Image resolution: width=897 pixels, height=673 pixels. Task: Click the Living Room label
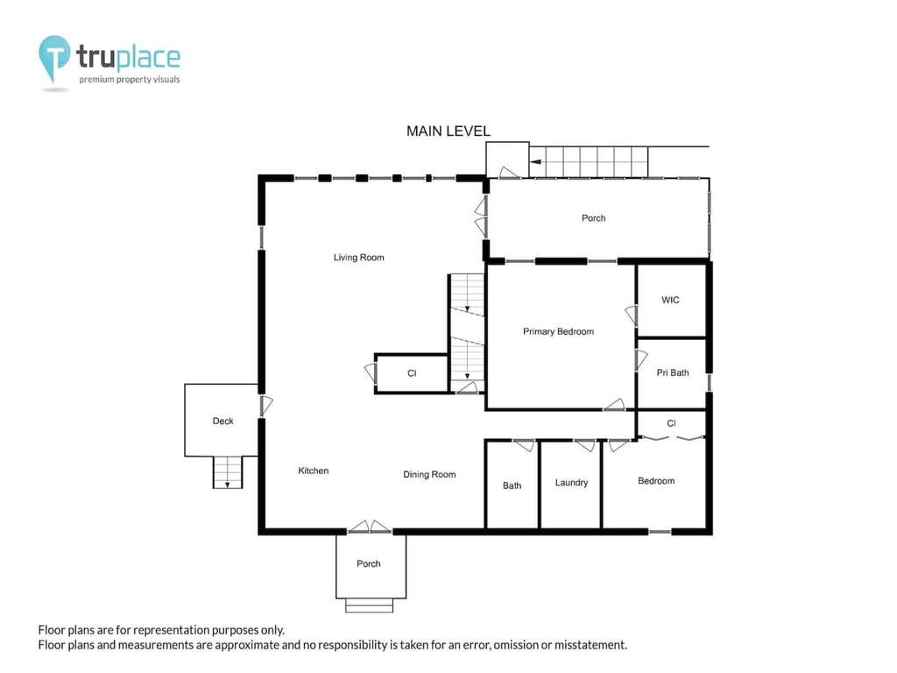(358, 258)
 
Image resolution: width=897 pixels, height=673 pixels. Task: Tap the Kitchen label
(314, 471)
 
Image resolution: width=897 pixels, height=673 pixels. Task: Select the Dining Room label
(429, 474)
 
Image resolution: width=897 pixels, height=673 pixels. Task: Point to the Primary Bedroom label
(558, 331)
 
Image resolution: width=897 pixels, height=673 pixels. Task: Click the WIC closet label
(670, 300)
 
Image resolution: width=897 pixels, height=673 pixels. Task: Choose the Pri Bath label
(673, 372)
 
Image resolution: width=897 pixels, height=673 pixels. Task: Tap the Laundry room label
(571, 483)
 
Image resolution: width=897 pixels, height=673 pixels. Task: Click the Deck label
(223, 422)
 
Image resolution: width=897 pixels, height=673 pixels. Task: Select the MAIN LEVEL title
(448, 131)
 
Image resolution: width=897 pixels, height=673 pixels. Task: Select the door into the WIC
(632, 315)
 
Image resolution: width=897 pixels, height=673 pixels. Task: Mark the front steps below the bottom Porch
(369, 606)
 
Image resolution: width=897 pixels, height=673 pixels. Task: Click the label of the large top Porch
(593, 218)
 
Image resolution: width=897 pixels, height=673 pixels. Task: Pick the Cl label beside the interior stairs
(412, 373)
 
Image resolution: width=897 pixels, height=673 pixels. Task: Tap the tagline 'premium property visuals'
(130, 80)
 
